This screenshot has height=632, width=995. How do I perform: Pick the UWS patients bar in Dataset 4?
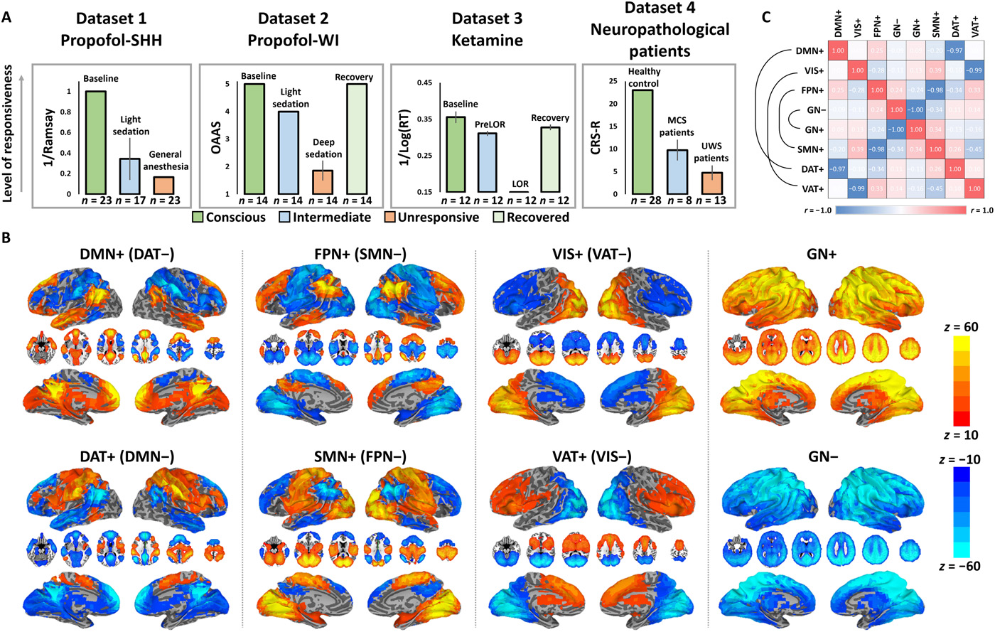(713, 183)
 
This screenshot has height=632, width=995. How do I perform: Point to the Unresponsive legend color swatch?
(389, 217)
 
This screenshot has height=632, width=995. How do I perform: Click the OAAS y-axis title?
(217, 138)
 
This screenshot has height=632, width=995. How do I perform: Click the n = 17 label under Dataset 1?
(129, 200)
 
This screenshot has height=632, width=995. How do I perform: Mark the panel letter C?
(765, 16)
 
